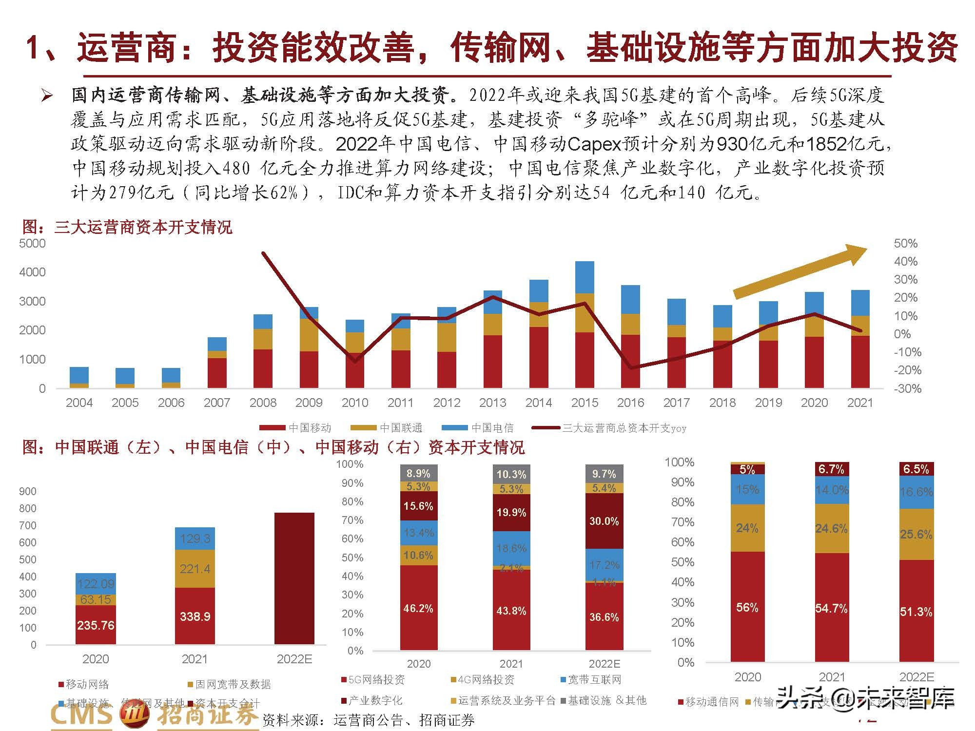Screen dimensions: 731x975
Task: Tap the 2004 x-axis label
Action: pyautogui.click(x=79, y=403)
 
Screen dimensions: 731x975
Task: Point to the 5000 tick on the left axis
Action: pyautogui.click(x=32, y=243)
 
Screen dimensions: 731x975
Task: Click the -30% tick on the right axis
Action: pyautogui.click(x=907, y=388)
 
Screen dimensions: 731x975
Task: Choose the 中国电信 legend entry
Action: pyautogui.click(x=478, y=428)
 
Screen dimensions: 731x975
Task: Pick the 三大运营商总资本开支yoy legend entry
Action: pyautogui.click(x=609, y=428)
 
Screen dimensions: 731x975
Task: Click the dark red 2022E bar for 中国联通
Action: pyautogui.click(x=294, y=578)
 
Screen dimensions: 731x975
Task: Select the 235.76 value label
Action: pyautogui.click(x=96, y=625)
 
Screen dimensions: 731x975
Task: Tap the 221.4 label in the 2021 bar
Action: pyautogui.click(x=195, y=568)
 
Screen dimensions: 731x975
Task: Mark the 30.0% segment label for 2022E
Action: pyautogui.click(x=604, y=521)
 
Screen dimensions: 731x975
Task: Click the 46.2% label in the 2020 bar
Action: pyautogui.click(x=418, y=608)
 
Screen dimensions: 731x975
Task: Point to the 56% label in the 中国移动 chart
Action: pyautogui.click(x=747, y=607)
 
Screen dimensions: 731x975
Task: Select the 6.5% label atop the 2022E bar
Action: pyautogui.click(x=916, y=469)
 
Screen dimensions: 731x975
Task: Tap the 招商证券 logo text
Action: pyautogui.click(x=207, y=715)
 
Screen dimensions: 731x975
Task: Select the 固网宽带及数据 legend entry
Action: pyautogui.click(x=229, y=684)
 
